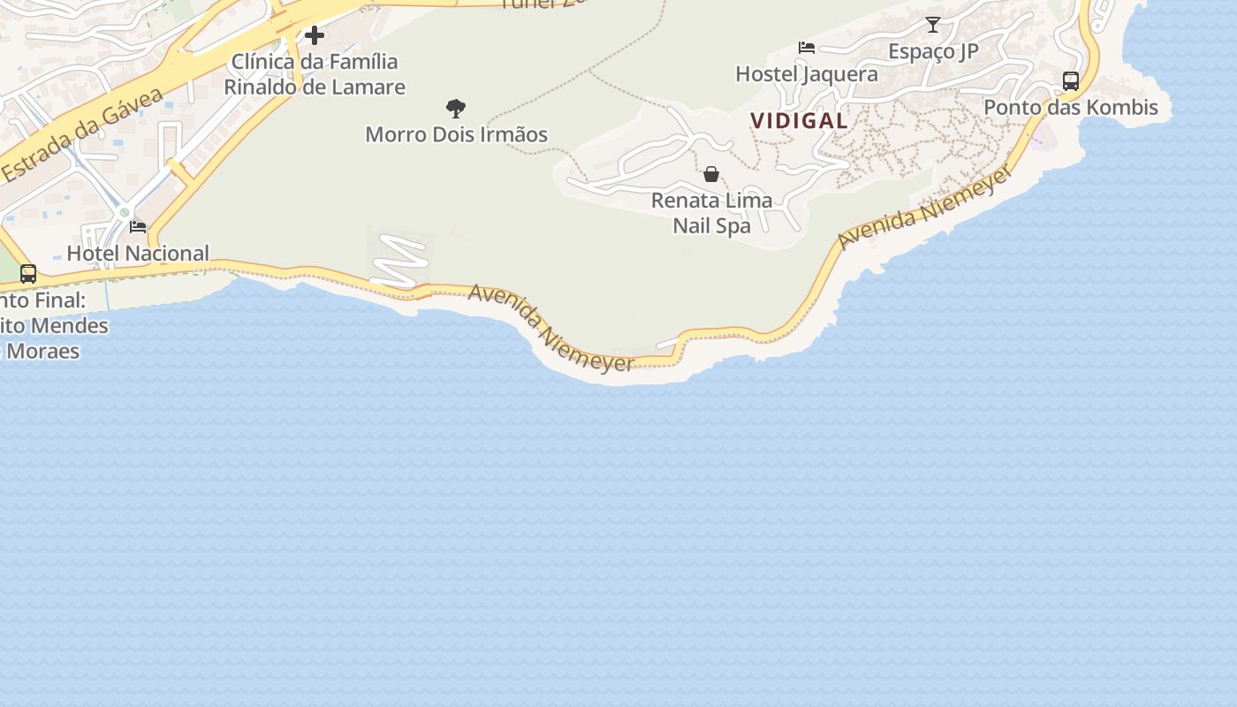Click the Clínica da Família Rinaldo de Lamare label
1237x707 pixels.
click(315, 74)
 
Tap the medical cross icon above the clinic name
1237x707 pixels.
click(315, 35)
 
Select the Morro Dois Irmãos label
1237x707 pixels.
click(457, 134)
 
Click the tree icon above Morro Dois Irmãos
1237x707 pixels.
click(456, 109)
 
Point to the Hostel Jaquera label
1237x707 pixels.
click(807, 73)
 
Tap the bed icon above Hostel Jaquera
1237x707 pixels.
click(807, 48)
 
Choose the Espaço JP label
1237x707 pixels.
click(933, 51)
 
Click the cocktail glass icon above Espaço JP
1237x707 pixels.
click(933, 25)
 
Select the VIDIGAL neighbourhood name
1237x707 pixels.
click(800, 120)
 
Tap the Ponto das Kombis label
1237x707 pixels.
click(1071, 108)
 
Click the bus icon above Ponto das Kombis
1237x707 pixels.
click(1071, 81)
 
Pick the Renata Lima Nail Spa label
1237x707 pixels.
click(711, 213)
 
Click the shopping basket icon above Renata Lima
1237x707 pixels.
click(711, 174)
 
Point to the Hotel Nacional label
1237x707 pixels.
click(138, 254)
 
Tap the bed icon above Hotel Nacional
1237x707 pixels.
click(138, 227)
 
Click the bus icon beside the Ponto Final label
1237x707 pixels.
click(28, 274)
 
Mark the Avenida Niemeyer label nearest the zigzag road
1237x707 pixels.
click(551, 328)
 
